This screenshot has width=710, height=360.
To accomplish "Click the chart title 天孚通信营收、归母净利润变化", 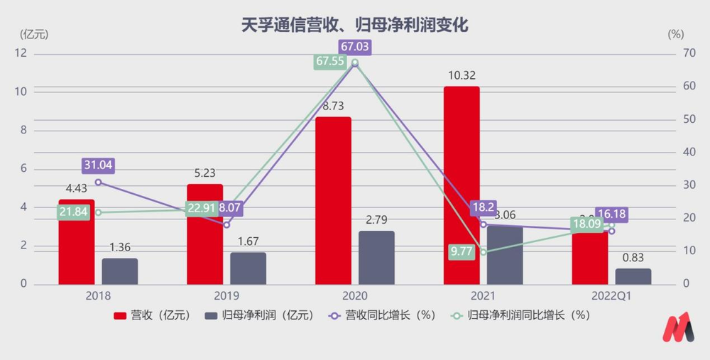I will click(355, 26).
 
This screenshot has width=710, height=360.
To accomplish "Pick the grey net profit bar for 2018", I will click(120, 271).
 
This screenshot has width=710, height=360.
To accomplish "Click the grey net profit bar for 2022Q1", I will click(633, 276).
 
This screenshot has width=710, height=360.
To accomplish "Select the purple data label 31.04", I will click(98, 165).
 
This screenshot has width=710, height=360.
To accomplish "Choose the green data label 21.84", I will click(73, 212).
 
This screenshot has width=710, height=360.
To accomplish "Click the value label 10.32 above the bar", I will click(461, 75).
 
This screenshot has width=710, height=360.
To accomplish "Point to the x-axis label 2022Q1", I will click(611, 295).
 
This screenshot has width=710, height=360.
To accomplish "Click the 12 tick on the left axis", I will click(21, 53).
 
